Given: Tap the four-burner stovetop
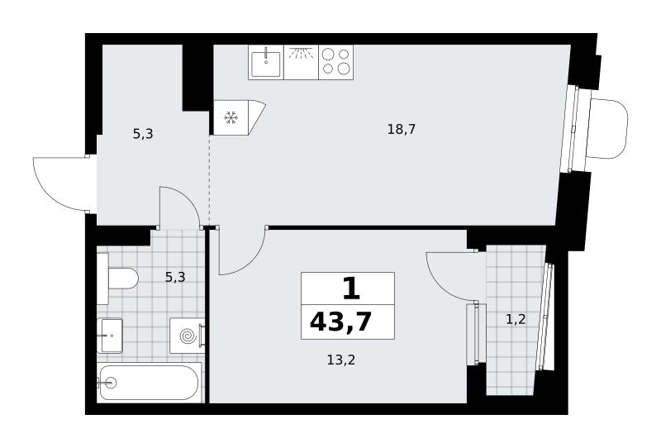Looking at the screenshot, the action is point(336,62).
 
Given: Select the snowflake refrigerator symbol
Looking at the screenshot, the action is point(231,117).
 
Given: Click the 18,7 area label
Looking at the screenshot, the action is point(402,129).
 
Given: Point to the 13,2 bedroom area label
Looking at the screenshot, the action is point(341,360).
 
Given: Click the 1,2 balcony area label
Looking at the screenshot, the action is point(516,319).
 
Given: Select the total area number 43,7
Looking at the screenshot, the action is point(340,322).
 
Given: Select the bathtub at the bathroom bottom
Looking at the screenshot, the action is point(150,383).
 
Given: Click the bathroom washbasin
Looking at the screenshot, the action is point(110,336).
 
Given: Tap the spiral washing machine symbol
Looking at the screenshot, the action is point(188,336).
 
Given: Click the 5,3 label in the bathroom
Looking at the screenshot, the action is point(175,277).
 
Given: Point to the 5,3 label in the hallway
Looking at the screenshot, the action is point(143,134).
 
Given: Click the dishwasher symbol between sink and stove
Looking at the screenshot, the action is point(301,62).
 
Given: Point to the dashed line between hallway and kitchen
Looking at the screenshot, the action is point(210,179).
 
